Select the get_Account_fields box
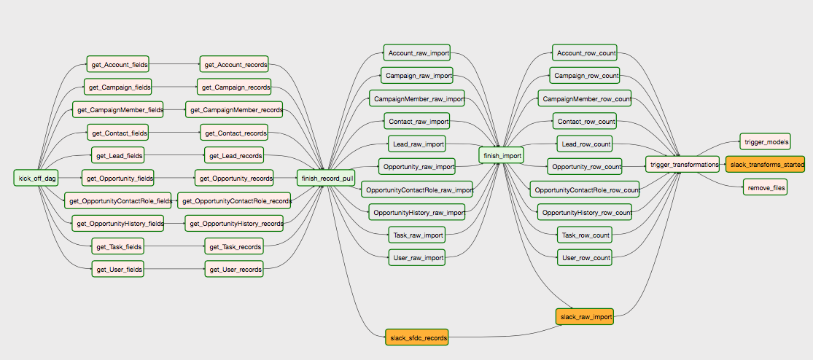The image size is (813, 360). pos(117,65)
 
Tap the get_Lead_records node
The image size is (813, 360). pos(234,155)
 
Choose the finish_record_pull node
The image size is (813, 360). pos(326,179)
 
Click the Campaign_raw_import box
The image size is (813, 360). pos(417,76)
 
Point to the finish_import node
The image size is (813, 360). pos(501,155)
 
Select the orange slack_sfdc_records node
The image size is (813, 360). pos(417,337)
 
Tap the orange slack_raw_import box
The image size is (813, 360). pos(584,316)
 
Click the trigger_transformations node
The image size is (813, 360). pos(682,165)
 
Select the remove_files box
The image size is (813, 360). pos(766,187)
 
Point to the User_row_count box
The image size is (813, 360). pos(584,257)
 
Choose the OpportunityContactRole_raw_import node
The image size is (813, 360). pos(417,190)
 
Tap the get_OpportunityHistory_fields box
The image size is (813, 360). pos(117,224)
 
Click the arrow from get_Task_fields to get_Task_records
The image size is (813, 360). pos(174,246)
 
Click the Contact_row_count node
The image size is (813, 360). pos(584,122)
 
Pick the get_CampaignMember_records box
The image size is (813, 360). pos(234,109)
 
